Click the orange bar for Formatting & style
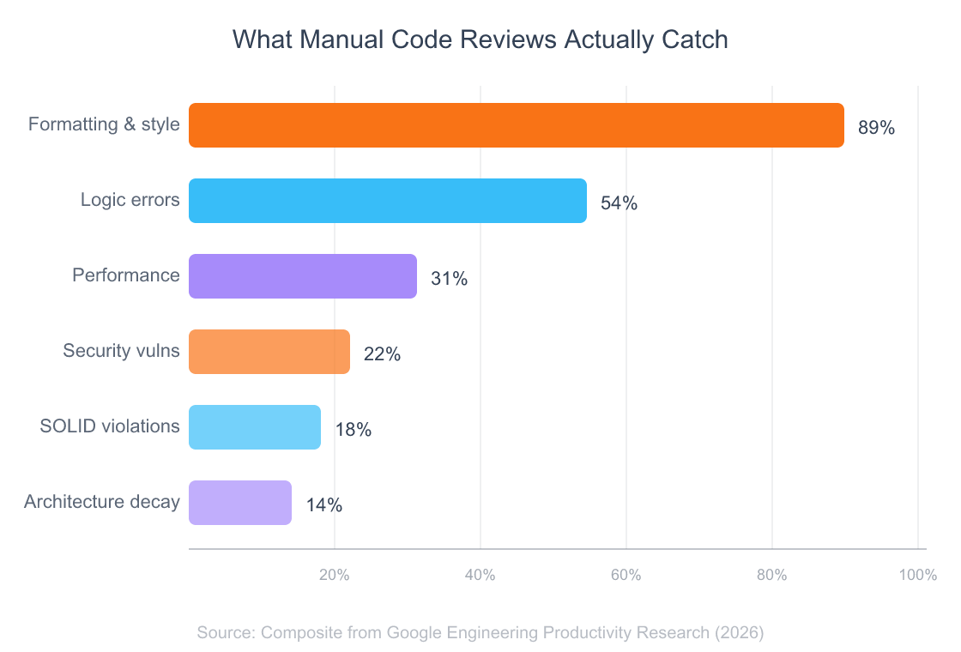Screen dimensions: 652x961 [515, 125]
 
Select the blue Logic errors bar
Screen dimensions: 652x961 [387, 201]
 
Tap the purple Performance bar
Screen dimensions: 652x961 [302, 276]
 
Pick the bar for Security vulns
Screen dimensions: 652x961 [269, 352]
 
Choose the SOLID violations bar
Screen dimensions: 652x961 [254, 427]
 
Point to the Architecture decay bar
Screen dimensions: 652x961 [239, 503]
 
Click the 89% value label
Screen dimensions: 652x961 [876, 129]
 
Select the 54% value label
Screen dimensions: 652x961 [619, 204]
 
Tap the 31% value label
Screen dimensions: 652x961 [449, 280]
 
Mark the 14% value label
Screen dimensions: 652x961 [323, 506]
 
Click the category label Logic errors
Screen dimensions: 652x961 [130, 201]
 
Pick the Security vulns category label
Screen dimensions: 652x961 [121, 352]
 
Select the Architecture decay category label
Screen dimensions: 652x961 [101, 503]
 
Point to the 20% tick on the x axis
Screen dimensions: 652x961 [334, 576]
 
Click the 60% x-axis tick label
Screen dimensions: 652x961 [626, 576]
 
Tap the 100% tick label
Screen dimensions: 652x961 [917, 576]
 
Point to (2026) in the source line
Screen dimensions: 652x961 [739, 633]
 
